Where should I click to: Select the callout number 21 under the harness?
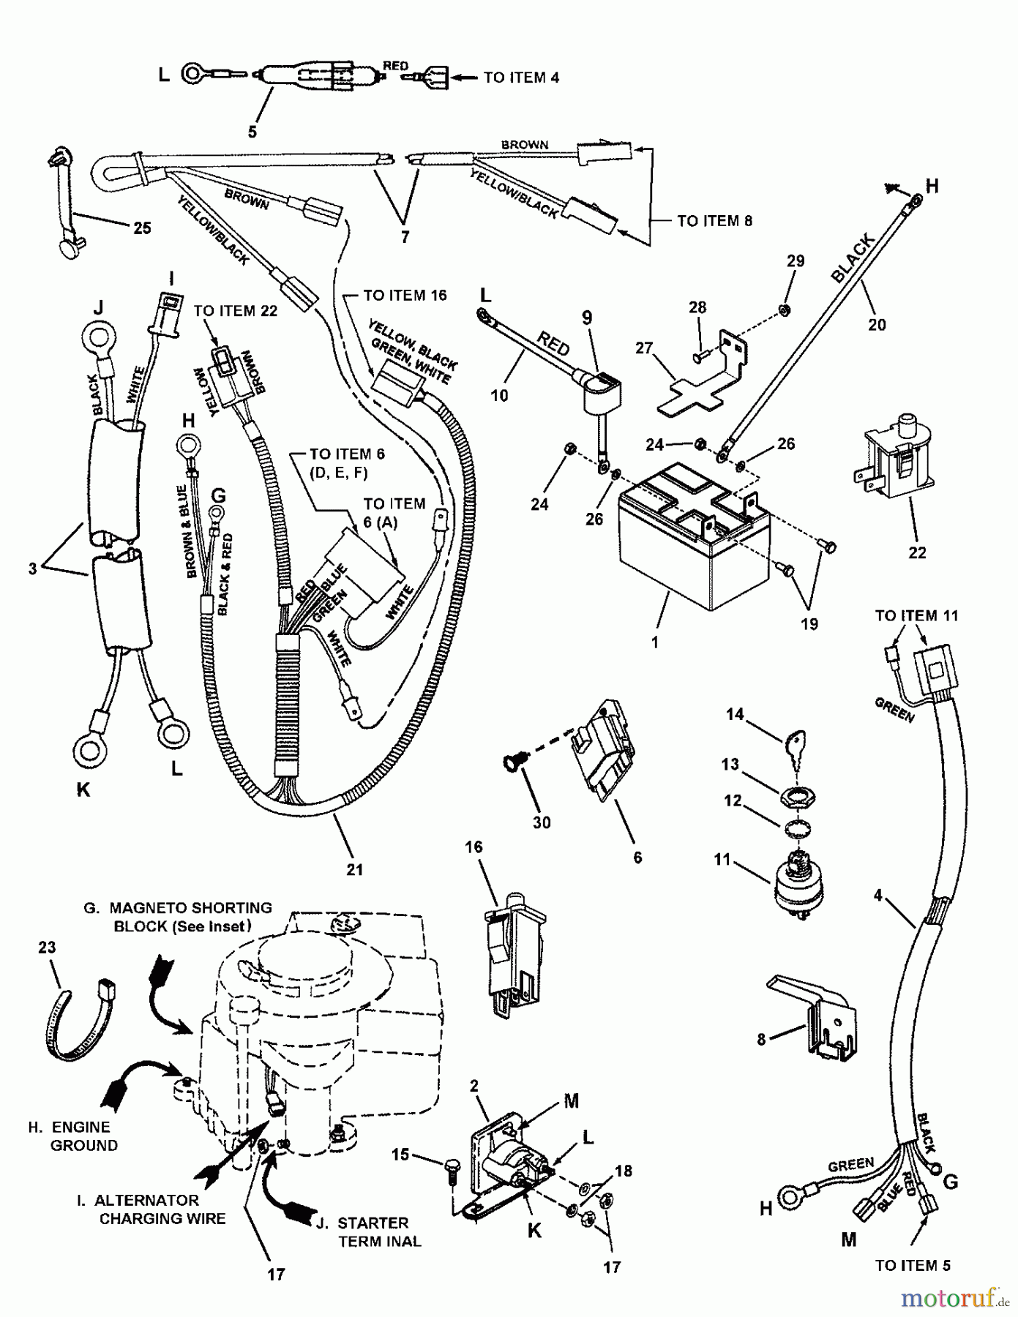354,869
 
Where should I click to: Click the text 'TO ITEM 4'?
521,78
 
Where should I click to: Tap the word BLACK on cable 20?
852,258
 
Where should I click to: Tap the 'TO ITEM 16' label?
405,296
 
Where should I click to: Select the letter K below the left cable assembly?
83,790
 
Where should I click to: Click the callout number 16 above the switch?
474,847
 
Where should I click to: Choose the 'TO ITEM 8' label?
714,221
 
